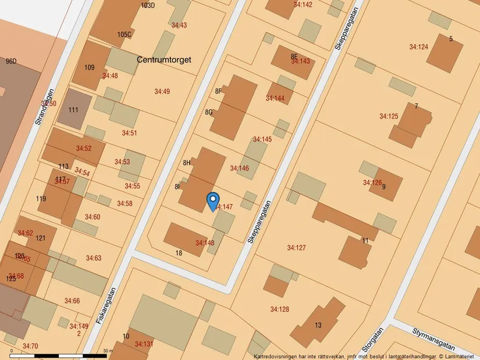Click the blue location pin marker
(213, 201)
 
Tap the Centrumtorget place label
(164, 59)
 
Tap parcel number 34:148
(205, 243)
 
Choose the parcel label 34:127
(296, 248)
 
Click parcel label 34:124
(418, 47)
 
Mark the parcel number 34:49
(162, 91)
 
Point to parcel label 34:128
(279, 309)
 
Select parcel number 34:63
(94, 258)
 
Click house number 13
(318, 325)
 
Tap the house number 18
(179, 253)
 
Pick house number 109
(89, 67)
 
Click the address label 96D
(11, 61)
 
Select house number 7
(416, 106)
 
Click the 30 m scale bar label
(107, 351)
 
